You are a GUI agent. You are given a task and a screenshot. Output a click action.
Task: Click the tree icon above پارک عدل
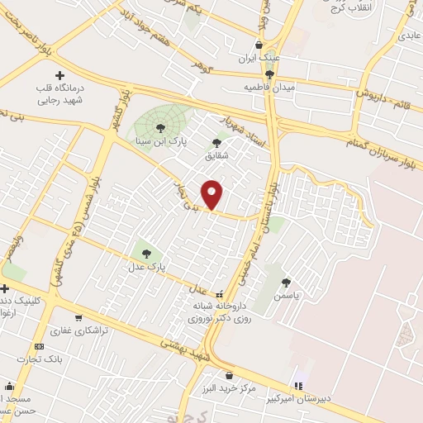pyautogui.click(x=147, y=254)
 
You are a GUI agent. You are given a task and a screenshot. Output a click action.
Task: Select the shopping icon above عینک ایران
pyautogui.click(x=259, y=45)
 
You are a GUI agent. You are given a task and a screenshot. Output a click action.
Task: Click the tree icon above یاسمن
pyautogui.click(x=286, y=281)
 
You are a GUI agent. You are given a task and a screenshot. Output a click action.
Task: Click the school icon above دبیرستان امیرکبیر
pyautogui.click(x=297, y=386)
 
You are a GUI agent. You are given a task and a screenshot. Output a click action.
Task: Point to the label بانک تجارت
pyautogui.click(x=39, y=359)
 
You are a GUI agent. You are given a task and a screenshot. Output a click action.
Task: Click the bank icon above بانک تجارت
pyautogui.click(x=39, y=347)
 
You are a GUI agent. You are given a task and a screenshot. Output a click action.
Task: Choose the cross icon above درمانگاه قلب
pyautogui.click(x=60, y=76)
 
